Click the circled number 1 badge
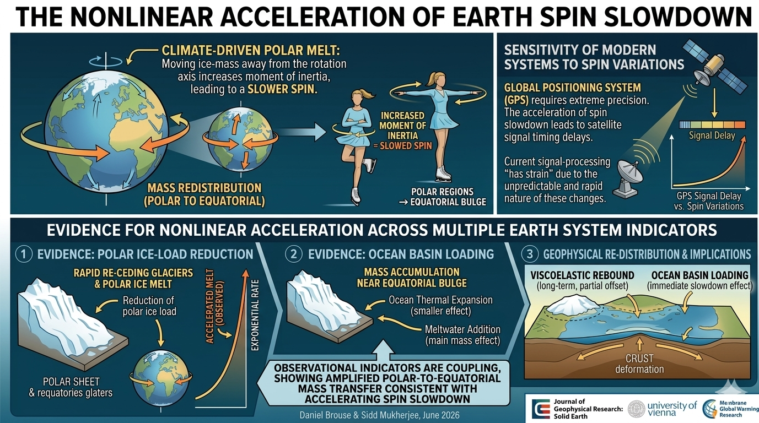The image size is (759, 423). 24,254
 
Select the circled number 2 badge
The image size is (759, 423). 293,254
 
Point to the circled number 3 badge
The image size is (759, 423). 530,254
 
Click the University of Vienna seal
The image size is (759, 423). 636,409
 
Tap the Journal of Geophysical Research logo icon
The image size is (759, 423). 541,409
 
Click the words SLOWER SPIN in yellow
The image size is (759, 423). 282,89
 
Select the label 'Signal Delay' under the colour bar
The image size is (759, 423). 712,136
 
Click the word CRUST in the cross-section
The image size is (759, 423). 639,359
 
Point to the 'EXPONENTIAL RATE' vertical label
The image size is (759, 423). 255,315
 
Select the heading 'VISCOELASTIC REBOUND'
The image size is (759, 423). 582,275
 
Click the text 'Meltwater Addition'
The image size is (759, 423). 462,329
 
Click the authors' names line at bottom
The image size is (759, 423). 379,415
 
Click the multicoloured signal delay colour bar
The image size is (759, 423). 712,124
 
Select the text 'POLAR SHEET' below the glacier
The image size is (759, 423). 71,382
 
